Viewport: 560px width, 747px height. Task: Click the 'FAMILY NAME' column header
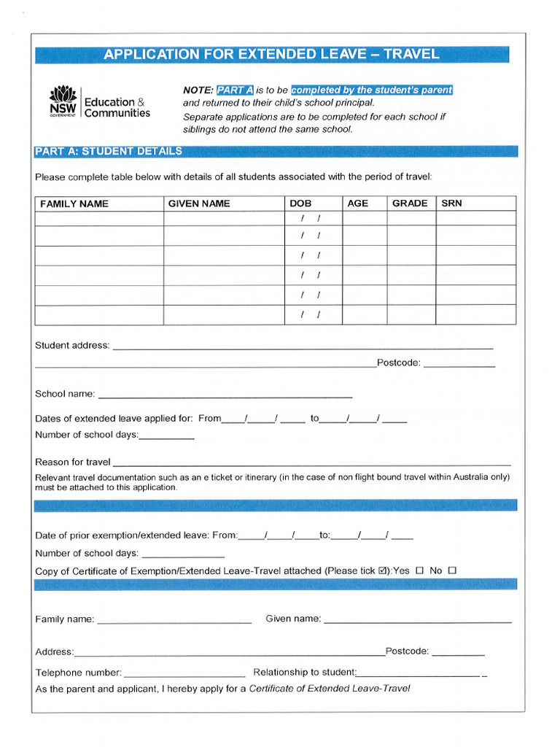point(74,204)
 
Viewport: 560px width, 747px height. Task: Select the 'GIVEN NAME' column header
point(198,204)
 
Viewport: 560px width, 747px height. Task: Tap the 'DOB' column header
point(300,204)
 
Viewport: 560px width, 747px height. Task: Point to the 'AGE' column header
point(357,204)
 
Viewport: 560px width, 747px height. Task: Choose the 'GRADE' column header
point(410,204)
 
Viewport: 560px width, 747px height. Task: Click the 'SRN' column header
point(451,204)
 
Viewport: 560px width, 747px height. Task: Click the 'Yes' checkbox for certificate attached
point(419,570)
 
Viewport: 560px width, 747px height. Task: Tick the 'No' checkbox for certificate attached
point(452,570)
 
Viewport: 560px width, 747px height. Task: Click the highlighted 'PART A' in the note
point(234,90)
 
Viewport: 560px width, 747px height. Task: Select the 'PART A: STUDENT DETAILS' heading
point(109,151)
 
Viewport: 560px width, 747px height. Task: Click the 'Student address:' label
point(72,345)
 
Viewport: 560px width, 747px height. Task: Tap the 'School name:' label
point(65,394)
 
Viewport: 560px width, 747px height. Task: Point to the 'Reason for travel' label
point(73,462)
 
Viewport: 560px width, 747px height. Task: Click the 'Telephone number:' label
point(79,673)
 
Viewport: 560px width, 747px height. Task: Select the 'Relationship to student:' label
point(304,673)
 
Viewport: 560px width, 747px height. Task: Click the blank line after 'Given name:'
point(417,620)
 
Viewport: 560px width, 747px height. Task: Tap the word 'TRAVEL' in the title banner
point(411,54)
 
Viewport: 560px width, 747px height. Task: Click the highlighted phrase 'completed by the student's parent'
point(372,90)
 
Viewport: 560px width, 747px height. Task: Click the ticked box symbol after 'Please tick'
point(384,570)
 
